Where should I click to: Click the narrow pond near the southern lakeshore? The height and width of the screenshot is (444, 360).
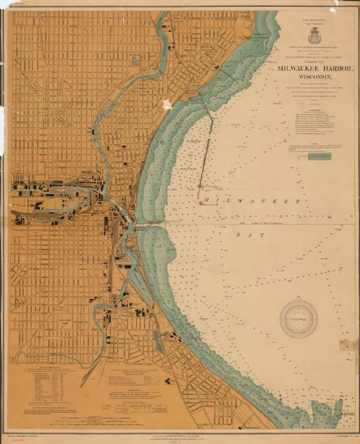click(158, 341)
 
